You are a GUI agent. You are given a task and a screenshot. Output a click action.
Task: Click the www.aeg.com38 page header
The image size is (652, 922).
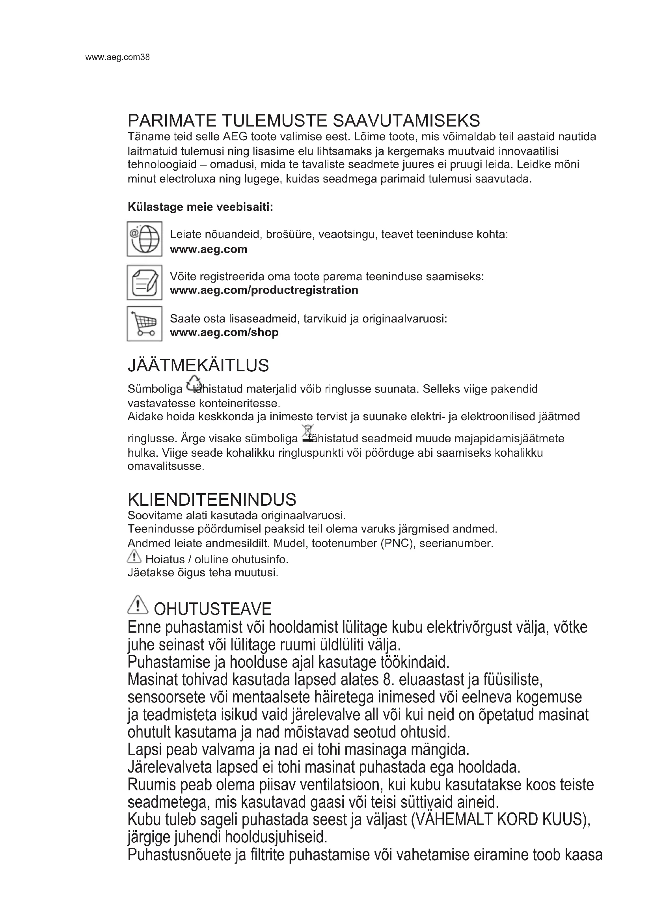pyautogui.click(x=117, y=58)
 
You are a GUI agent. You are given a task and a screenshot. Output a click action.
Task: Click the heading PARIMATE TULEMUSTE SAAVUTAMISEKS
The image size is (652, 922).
pyautogui.click(x=304, y=121)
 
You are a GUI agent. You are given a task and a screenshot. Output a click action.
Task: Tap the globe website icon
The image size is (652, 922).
pyautogui.click(x=145, y=239)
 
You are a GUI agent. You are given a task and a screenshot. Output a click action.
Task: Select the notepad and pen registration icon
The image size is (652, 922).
pyautogui.click(x=145, y=282)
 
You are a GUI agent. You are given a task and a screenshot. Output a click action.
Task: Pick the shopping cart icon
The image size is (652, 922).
pyautogui.click(x=145, y=324)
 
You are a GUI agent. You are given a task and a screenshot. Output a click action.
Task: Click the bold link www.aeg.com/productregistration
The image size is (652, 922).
pyautogui.click(x=264, y=291)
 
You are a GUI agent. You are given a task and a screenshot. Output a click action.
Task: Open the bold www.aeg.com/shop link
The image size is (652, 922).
pyautogui.click(x=224, y=333)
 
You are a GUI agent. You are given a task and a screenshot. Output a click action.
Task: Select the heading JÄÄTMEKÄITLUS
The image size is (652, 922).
pyautogui.click(x=198, y=365)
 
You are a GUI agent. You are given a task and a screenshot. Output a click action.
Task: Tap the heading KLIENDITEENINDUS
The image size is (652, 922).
pyautogui.click(x=212, y=499)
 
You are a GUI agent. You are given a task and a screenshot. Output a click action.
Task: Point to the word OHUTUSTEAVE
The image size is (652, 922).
pyautogui.click(x=212, y=609)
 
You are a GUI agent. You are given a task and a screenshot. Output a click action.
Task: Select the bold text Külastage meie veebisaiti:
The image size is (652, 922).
pyautogui.click(x=200, y=207)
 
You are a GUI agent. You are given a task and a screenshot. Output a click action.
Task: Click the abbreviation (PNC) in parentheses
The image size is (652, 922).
pyautogui.click(x=395, y=543)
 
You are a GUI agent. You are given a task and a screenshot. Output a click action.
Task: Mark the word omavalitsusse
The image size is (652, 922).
pyautogui.click(x=166, y=467)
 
